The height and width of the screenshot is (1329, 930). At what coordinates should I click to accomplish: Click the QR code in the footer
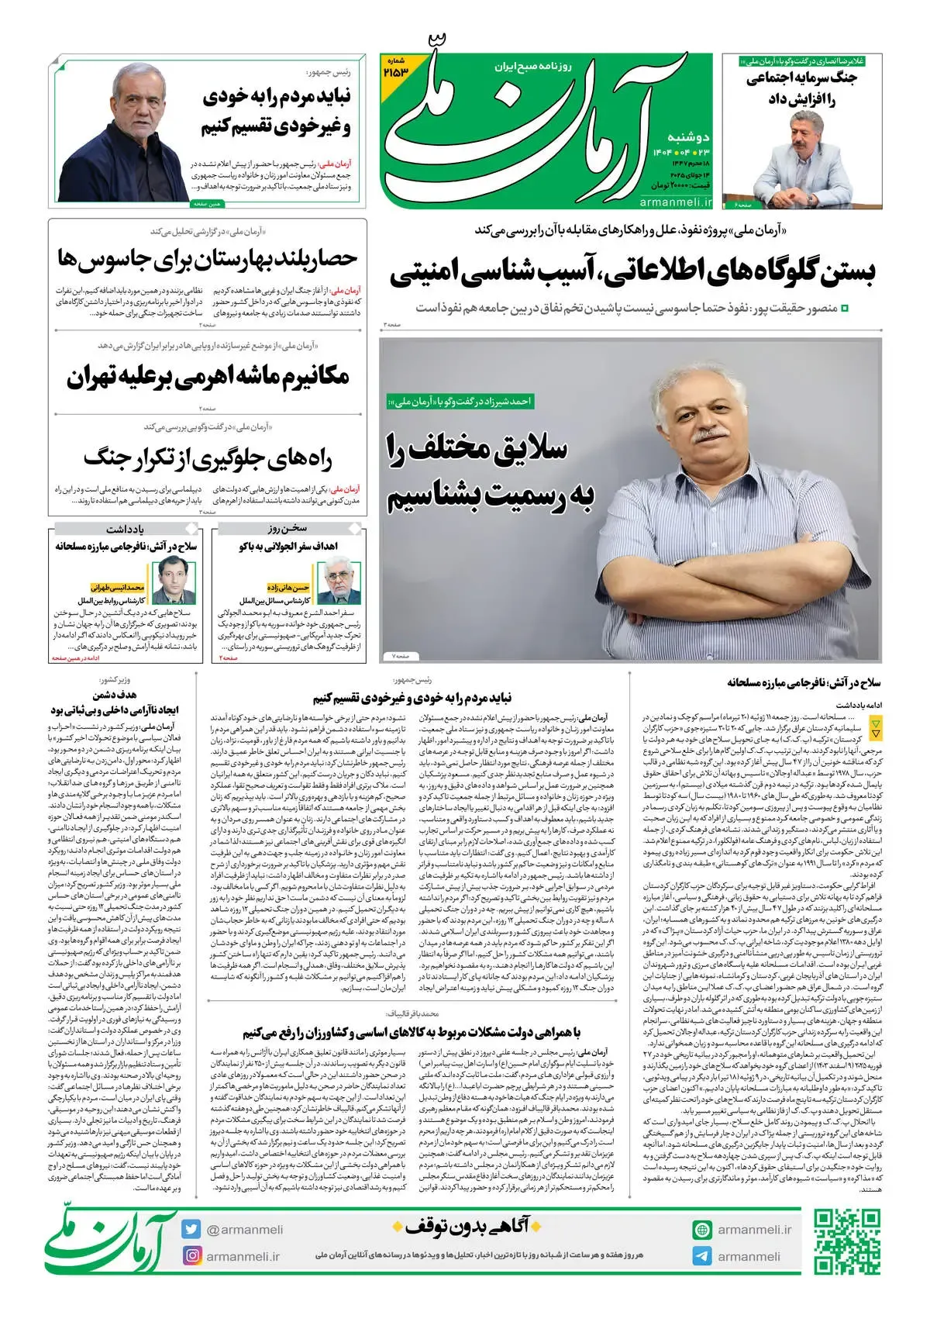click(x=846, y=1242)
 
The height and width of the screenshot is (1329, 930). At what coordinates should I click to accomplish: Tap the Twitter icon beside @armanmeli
click(x=191, y=1230)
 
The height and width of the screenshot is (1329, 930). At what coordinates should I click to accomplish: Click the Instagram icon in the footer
click(x=191, y=1255)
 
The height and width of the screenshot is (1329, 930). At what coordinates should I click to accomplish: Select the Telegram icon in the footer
click(x=702, y=1256)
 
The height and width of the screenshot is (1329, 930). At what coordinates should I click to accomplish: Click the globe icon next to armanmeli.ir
click(x=702, y=1230)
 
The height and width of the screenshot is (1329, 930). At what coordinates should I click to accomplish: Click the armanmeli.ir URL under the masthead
click(x=675, y=202)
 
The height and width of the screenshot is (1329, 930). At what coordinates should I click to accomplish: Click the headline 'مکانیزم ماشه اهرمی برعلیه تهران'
click(x=208, y=378)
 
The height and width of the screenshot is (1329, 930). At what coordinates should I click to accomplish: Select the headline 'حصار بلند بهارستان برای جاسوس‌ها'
click(x=208, y=260)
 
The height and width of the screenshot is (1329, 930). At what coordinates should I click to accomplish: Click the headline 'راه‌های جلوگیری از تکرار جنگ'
click(x=208, y=457)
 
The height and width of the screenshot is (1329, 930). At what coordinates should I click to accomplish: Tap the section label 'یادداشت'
click(x=126, y=529)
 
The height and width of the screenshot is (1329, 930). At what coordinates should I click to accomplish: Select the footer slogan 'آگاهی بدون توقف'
click(x=461, y=1227)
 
